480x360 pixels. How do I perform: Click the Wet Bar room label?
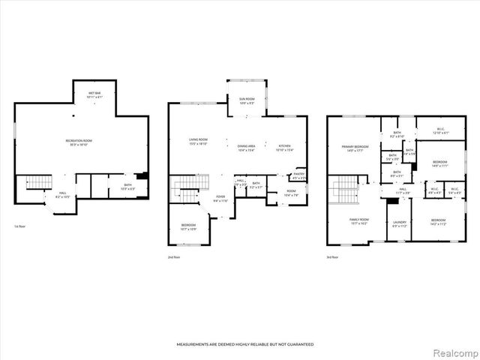coord(94,95)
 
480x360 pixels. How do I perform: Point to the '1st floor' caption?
coord(21,226)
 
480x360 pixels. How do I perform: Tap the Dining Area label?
coord(247,148)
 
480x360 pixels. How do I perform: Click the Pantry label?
coord(298,176)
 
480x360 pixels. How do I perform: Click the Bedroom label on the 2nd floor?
coord(189,226)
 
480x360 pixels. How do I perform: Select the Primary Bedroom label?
coord(355,148)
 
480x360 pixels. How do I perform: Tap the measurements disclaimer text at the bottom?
coord(244,344)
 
